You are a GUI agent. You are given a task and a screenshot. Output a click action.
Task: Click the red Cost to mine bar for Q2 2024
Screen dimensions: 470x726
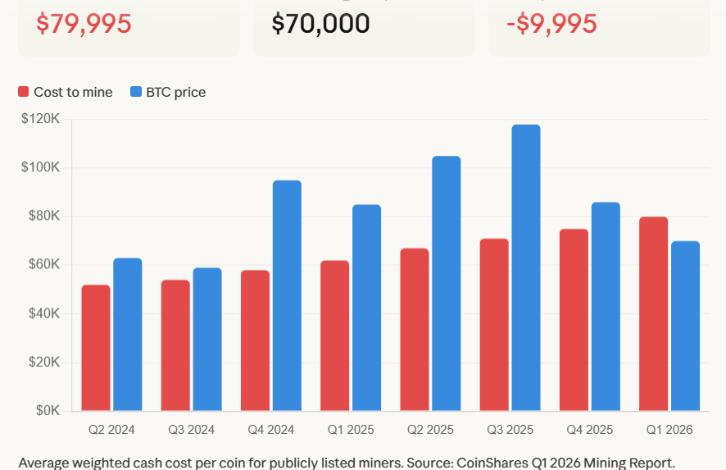(96, 348)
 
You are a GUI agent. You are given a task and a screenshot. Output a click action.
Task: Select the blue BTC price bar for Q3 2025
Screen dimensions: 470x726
(526, 267)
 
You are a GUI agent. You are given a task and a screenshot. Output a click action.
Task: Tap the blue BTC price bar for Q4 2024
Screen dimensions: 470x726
(287, 295)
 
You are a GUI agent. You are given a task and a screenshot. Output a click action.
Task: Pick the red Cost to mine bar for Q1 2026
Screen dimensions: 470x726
(654, 313)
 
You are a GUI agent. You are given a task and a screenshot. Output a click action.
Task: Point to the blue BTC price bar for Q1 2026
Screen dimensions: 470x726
(685, 326)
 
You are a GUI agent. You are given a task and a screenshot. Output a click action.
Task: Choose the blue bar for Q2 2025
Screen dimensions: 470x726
(447, 283)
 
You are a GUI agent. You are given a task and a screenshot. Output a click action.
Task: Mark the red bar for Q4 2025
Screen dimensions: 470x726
(574, 320)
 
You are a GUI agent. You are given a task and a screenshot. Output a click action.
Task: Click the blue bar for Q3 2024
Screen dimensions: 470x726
(207, 339)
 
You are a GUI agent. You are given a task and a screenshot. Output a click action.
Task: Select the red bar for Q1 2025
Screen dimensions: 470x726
(335, 335)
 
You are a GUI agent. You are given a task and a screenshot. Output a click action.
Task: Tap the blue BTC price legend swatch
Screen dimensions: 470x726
(136, 93)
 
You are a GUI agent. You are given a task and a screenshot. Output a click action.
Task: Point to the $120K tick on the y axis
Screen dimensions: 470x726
(41, 119)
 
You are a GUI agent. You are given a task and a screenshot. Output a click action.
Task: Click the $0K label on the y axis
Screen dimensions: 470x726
(47, 411)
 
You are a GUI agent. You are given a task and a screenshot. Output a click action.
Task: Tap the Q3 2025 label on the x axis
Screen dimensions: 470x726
(510, 430)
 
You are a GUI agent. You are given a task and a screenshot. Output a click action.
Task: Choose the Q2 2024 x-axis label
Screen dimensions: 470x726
(111, 430)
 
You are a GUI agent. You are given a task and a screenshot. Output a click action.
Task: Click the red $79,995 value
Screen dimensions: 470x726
(84, 24)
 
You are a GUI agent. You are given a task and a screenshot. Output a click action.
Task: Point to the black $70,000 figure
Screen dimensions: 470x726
(320, 24)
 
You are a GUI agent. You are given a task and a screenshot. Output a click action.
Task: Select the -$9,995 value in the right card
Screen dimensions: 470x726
(551, 24)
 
